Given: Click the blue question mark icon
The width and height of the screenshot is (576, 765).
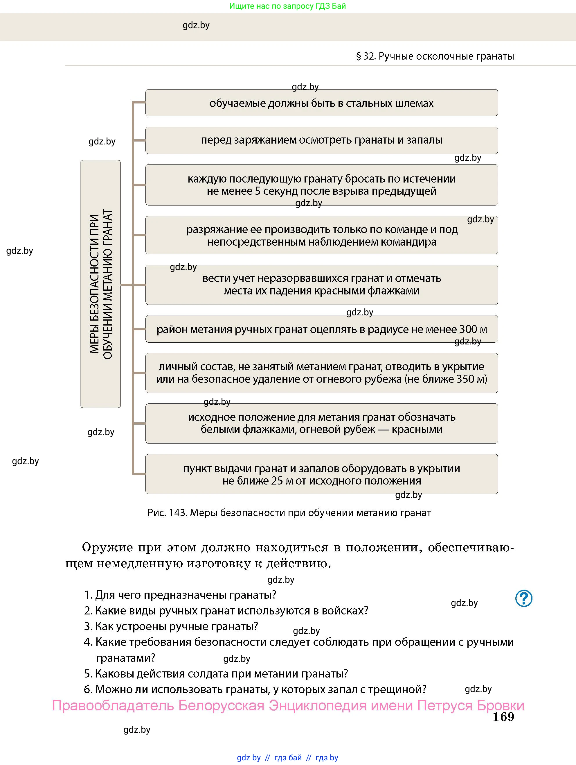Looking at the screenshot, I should click(x=523, y=598).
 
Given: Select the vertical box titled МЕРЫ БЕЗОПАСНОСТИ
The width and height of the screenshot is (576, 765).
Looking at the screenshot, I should click(x=100, y=284).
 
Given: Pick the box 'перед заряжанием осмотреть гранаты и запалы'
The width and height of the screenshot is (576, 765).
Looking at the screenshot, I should click(x=321, y=140).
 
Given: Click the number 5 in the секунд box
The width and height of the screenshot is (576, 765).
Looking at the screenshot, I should click(x=258, y=191).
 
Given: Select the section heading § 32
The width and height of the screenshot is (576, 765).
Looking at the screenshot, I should click(x=435, y=56).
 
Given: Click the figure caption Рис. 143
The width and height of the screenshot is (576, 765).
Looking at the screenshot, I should click(x=289, y=512).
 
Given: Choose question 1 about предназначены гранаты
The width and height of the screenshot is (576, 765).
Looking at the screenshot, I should click(x=180, y=595).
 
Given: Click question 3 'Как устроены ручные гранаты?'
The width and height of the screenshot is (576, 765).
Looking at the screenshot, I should click(x=171, y=626).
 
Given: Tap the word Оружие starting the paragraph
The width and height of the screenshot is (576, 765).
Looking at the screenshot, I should click(x=107, y=548).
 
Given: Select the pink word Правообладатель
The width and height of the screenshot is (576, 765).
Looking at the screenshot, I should click(x=113, y=705).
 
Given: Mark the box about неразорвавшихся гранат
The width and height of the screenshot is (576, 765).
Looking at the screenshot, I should click(x=321, y=284).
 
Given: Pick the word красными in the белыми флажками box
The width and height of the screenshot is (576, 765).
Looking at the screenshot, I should click(x=417, y=430).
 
